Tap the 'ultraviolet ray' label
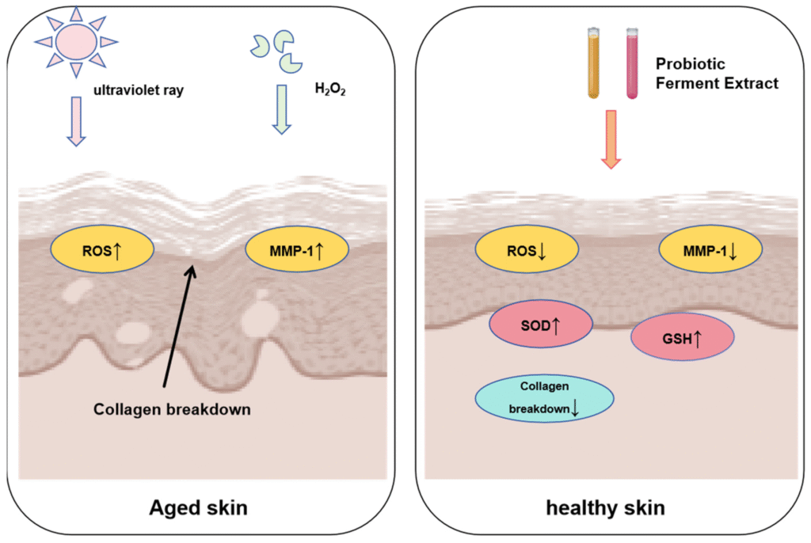(139, 90)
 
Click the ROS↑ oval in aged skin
(102, 251)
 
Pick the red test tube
(632, 63)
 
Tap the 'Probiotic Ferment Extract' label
(717, 73)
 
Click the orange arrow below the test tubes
(610, 139)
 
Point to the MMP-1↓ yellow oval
(710, 253)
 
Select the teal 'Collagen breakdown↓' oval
(544, 398)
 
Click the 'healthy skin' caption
(605, 507)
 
